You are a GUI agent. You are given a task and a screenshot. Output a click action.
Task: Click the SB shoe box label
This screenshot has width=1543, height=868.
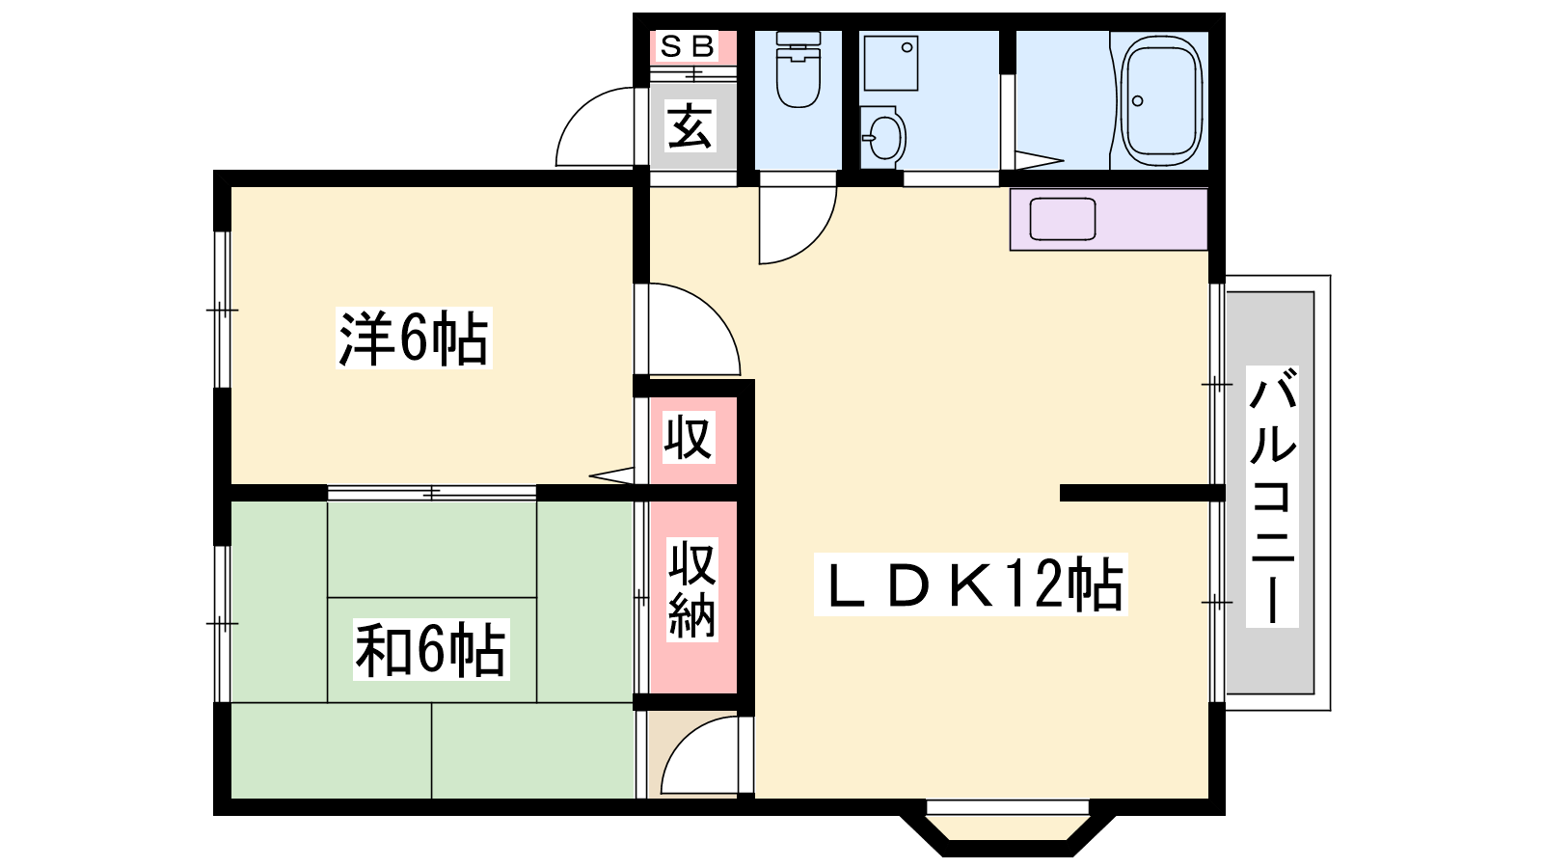687,46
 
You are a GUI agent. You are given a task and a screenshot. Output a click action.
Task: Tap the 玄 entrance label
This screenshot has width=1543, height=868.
690,125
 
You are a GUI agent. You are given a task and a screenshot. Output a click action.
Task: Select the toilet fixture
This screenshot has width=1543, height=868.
799,69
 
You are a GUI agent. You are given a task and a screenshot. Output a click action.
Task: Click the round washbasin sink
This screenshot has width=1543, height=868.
883,136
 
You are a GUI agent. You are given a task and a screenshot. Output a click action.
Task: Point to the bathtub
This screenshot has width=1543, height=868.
1162,101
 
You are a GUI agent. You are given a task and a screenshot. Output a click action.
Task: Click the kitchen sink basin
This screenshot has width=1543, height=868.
1062,219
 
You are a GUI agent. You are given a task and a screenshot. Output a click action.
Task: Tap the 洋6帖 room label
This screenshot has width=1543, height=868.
414,338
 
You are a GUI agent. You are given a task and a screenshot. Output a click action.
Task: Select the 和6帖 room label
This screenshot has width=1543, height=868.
431,649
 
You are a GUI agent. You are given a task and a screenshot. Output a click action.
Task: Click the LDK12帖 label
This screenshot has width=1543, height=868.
970,584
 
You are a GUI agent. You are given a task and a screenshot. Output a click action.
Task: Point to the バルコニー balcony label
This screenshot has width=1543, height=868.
1272,496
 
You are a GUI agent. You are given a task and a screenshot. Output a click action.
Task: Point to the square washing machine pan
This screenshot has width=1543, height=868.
891,63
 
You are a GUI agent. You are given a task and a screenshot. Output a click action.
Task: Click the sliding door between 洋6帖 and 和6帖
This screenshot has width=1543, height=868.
432,493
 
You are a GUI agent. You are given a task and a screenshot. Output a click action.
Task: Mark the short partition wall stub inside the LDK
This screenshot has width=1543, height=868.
1142,493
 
